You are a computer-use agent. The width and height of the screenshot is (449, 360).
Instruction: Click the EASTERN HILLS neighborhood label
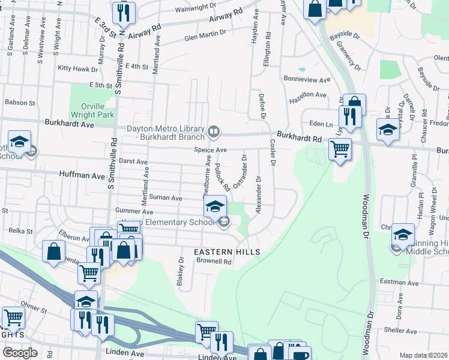227,252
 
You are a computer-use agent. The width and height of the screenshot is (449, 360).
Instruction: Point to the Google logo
20,353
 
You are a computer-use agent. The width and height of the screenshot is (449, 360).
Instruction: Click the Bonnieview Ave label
307,79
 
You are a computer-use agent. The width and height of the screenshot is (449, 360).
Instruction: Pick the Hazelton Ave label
308,95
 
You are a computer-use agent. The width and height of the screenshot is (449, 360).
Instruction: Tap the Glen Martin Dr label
205,37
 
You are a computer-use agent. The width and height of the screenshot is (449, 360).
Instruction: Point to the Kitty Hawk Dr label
73,68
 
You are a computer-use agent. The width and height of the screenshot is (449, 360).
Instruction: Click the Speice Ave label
209,149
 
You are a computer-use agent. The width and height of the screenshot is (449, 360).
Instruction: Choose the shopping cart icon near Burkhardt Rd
340,148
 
